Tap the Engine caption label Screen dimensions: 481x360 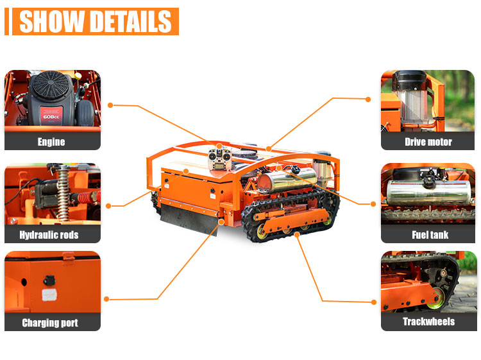pos(51,142)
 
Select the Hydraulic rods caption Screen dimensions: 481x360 pos(49,235)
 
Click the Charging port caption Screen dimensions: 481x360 pos(50,323)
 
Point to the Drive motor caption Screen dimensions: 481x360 pos(428,142)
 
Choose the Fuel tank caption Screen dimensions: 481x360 pos(430,235)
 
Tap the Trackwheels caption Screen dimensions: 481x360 pos(429,321)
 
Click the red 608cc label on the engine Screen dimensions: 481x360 pos(51,116)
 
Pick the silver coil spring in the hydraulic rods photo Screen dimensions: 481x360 pos(63,193)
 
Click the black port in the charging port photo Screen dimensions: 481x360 pos(49,280)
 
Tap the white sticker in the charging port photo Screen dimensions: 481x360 pos(49,295)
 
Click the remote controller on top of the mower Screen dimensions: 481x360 pos(219,159)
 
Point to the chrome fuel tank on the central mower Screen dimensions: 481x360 pos(287,180)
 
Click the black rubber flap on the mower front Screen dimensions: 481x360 pos(189,219)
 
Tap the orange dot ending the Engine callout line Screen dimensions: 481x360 pos(110,105)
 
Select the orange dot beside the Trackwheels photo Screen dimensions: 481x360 pos(374,302)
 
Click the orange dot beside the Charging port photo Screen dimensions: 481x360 pos(106,299)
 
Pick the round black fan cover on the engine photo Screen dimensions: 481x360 pos(51,85)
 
